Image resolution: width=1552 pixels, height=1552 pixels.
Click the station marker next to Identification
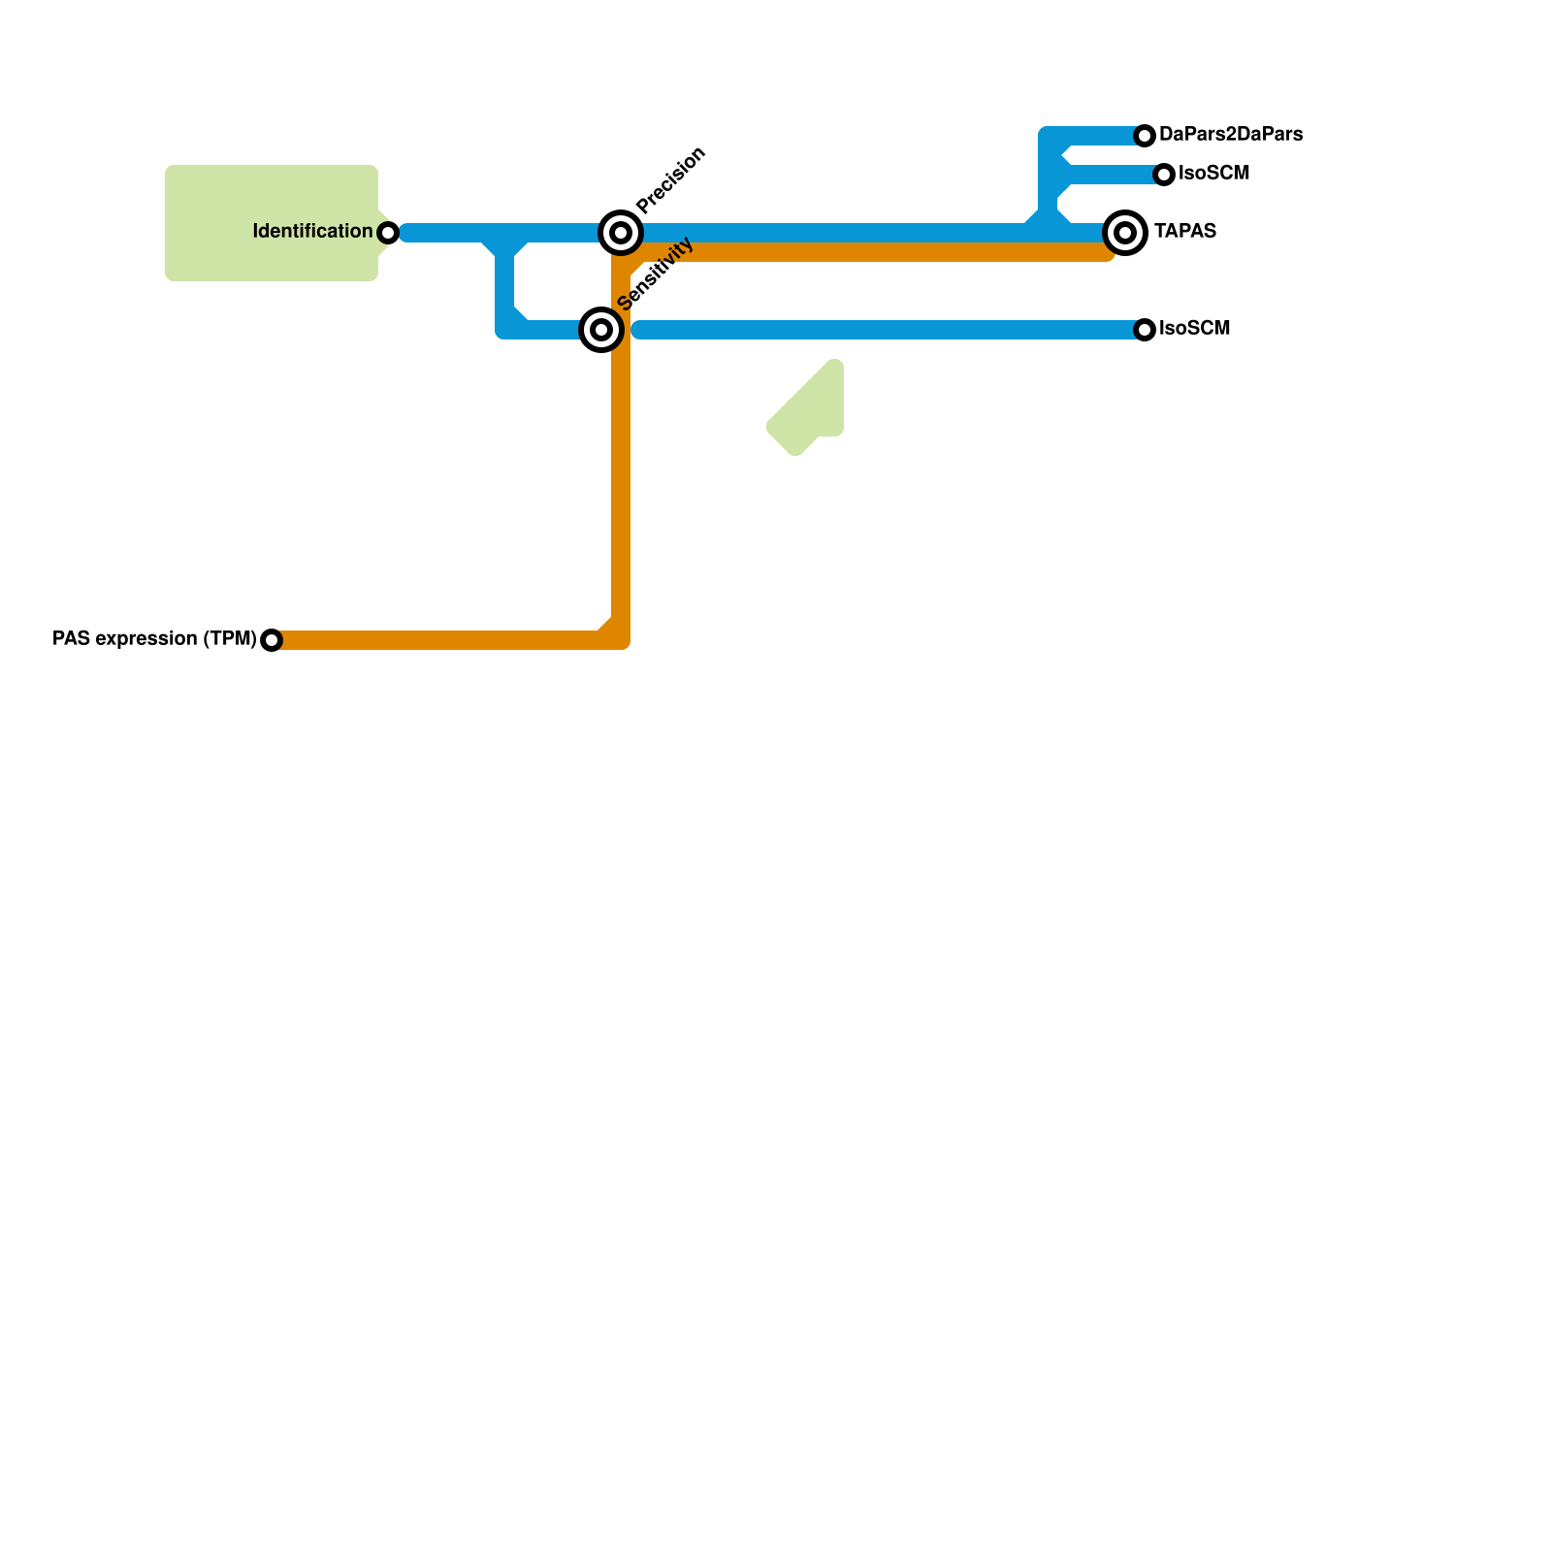click(x=388, y=233)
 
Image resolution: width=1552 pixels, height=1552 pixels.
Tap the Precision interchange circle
click(x=621, y=233)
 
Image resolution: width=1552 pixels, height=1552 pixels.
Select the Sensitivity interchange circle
click(x=601, y=330)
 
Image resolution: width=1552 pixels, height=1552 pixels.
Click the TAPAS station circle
click(x=1125, y=233)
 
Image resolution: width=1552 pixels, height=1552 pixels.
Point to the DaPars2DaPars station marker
click(x=1145, y=136)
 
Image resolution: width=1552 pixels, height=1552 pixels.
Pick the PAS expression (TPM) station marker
click(x=272, y=640)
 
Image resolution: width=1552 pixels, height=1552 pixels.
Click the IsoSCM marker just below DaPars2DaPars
click(x=1164, y=175)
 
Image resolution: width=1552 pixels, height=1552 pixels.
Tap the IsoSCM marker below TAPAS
click(x=1145, y=330)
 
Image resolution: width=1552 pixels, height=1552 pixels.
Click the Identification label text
click(x=312, y=232)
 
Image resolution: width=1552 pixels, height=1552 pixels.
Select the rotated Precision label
click(x=671, y=179)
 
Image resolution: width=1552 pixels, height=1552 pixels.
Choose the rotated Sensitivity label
click(x=656, y=274)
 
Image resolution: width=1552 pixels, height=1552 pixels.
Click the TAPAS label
click(x=1185, y=232)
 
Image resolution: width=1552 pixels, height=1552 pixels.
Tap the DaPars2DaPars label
click(x=1231, y=135)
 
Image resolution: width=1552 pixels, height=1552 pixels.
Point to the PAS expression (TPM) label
click(x=154, y=639)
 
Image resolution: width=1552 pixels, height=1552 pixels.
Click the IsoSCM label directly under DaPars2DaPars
click(x=1214, y=174)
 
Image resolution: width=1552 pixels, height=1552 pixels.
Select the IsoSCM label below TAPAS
click(x=1195, y=329)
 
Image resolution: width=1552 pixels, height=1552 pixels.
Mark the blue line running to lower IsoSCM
click(x=873, y=330)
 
